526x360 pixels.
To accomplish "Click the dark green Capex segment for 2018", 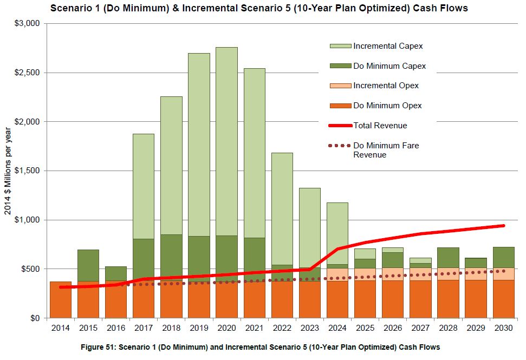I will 171,254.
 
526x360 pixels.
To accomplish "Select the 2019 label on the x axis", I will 199,328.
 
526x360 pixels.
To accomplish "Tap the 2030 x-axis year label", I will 503,328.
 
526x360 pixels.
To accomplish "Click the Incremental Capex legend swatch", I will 340,46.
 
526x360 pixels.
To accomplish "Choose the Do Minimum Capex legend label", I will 389,66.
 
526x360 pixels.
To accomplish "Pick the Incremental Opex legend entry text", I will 386,86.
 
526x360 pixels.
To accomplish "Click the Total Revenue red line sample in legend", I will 340,126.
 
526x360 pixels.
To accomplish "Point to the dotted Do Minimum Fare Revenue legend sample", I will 340,146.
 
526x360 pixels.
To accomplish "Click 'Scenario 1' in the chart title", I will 73,8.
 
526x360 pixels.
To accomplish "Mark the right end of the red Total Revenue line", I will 503,226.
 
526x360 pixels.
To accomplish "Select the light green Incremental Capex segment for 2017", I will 144,187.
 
